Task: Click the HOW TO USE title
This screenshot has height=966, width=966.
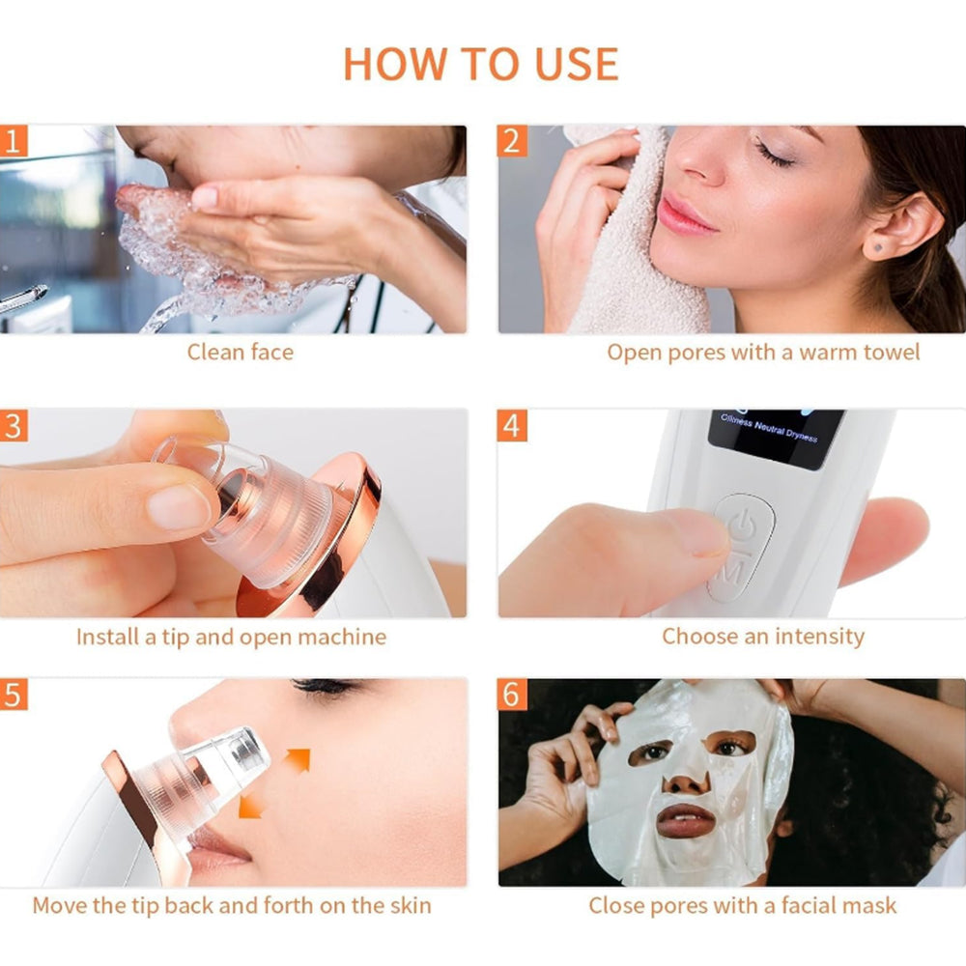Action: (x=480, y=64)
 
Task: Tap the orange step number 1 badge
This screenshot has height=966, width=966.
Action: (x=14, y=141)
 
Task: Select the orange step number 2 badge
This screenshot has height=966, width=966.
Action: (x=512, y=141)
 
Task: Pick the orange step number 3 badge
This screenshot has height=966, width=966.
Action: (x=14, y=426)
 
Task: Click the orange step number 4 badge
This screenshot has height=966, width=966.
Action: (x=512, y=426)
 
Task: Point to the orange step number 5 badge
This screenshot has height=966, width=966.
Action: (x=14, y=695)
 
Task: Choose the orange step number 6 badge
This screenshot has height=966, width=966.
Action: (x=512, y=695)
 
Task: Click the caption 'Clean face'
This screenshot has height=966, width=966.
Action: (x=241, y=352)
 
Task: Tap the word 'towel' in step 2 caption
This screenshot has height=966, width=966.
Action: (x=892, y=352)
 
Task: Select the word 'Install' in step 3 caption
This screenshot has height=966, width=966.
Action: (x=108, y=637)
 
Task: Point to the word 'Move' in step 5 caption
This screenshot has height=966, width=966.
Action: (x=60, y=906)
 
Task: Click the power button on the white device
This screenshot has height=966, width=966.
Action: (x=743, y=526)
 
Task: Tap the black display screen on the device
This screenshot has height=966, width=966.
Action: (x=776, y=438)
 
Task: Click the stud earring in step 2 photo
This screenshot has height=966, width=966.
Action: (x=877, y=247)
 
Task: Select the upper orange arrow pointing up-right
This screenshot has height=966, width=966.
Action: (x=297, y=761)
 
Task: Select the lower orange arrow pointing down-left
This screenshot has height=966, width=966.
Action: (x=251, y=805)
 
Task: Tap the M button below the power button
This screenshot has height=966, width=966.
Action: (x=732, y=572)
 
